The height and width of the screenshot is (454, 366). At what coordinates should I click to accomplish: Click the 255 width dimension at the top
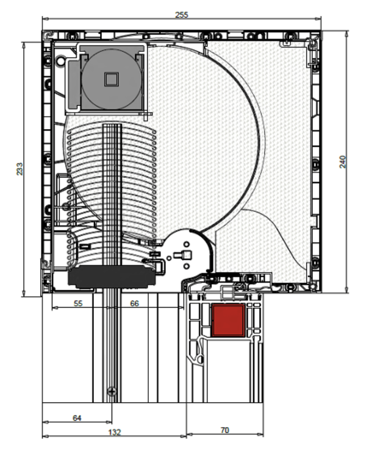(182, 15)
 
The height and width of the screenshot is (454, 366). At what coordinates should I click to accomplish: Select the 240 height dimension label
(343, 161)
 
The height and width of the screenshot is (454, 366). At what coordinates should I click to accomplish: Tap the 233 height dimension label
(20, 169)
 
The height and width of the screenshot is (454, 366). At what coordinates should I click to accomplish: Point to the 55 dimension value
(78, 303)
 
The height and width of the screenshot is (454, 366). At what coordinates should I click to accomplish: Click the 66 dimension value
(134, 303)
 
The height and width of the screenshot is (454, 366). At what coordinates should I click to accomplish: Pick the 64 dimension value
(77, 418)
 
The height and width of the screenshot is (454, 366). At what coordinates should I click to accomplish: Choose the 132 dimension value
(114, 432)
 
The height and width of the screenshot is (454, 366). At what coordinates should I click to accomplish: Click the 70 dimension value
(224, 430)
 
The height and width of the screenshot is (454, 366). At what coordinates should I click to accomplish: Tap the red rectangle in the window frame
(228, 320)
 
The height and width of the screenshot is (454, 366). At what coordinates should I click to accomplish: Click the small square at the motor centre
(111, 79)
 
